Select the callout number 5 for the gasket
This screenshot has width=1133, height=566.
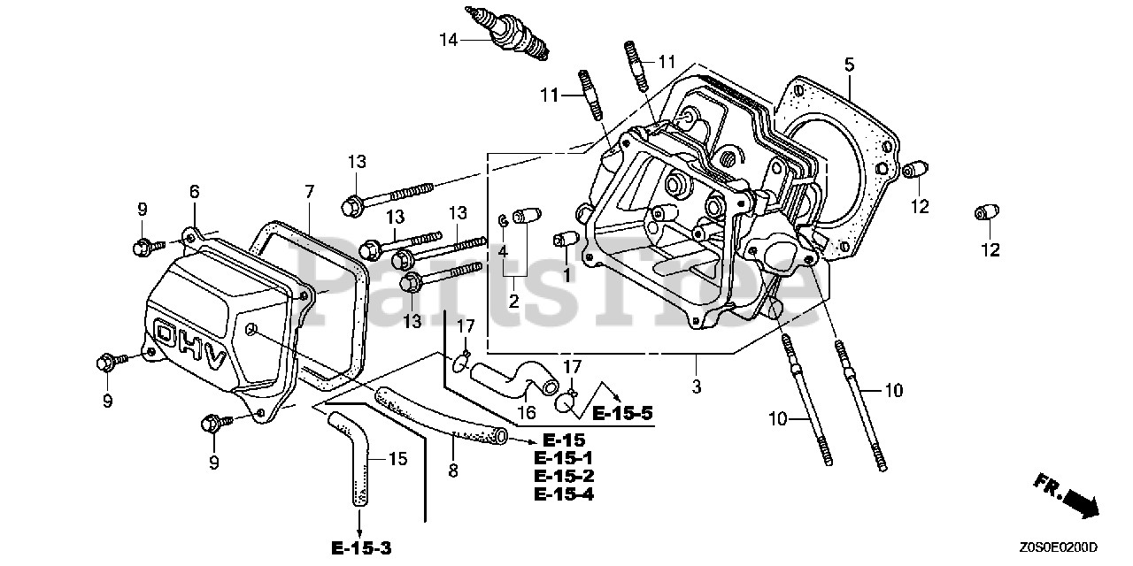pos(849,64)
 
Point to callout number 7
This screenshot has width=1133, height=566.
pos(309,191)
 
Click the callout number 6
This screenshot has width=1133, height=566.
pos(195,191)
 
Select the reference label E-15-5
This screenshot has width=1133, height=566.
pos(622,412)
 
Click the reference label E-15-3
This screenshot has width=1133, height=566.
pos(362,549)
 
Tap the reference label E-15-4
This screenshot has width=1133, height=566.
pos(564,493)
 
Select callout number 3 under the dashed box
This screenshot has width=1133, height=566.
pos(697,386)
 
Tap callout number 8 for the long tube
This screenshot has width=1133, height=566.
pos(453,471)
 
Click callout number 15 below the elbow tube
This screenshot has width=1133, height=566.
pos(397,458)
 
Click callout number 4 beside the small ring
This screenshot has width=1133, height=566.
pos(502,251)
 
